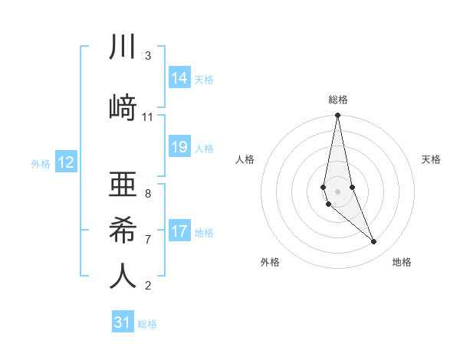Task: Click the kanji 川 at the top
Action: (123, 47)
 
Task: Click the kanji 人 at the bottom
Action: (123, 276)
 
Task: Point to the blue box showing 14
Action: (179, 77)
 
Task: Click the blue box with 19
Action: (179, 147)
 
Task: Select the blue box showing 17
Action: (179, 231)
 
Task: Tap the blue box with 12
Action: (66, 162)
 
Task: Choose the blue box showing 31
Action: (123, 322)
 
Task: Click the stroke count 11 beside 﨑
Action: (147, 117)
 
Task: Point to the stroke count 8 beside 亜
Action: (147, 193)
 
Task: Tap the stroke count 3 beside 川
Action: (147, 56)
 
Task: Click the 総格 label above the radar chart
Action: (337, 100)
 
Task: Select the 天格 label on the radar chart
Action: (431, 159)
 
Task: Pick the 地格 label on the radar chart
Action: (402, 262)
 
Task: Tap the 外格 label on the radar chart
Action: (270, 262)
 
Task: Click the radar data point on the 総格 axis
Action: (337, 116)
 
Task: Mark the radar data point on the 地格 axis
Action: (374, 242)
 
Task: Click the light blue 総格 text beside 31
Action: (147, 324)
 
